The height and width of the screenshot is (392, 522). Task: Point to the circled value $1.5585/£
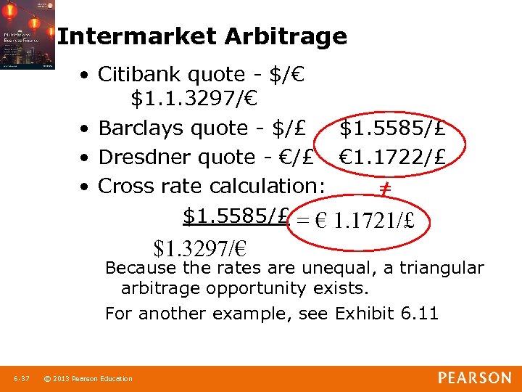click(x=392, y=128)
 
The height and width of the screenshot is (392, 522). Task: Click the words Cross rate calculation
click(x=211, y=187)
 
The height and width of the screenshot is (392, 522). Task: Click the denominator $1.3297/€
click(x=200, y=249)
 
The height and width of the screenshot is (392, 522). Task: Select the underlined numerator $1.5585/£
click(x=236, y=216)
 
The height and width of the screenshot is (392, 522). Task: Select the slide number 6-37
click(x=21, y=378)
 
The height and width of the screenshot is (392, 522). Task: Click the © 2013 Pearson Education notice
click(x=88, y=378)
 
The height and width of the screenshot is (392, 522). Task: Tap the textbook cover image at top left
click(x=28, y=35)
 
